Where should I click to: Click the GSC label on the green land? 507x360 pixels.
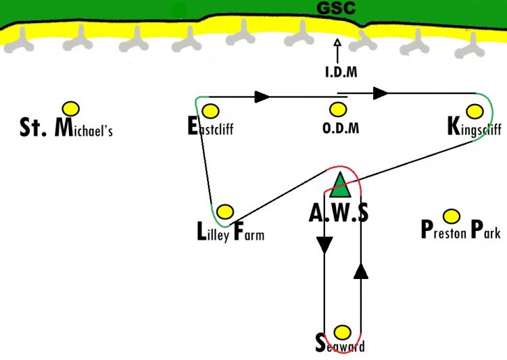(x=336, y=8)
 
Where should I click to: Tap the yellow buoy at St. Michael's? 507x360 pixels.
(x=71, y=109)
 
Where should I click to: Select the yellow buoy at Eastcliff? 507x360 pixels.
(x=210, y=111)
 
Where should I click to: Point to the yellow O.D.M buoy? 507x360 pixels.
(x=338, y=109)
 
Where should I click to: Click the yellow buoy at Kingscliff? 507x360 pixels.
(x=475, y=111)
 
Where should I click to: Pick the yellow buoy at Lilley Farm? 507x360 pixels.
(x=225, y=211)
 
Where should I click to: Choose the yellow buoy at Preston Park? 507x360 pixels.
(x=452, y=216)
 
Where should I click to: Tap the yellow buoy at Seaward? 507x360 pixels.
(x=342, y=332)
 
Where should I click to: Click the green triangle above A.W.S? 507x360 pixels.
(x=340, y=185)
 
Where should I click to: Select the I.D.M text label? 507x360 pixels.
(x=341, y=72)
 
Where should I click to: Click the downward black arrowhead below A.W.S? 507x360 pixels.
(x=324, y=245)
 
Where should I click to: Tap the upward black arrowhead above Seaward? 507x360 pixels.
(x=361, y=271)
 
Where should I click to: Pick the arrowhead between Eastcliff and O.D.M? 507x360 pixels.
(x=262, y=97)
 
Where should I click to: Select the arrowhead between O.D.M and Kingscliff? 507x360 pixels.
(x=380, y=93)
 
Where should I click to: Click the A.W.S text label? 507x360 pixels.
(x=339, y=213)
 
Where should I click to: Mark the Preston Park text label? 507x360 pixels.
(x=461, y=230)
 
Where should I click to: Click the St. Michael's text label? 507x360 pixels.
(x=66, y=128)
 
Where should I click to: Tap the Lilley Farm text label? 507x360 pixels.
(x=231, y=232)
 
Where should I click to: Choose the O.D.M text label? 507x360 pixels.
(x=341, y=128)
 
